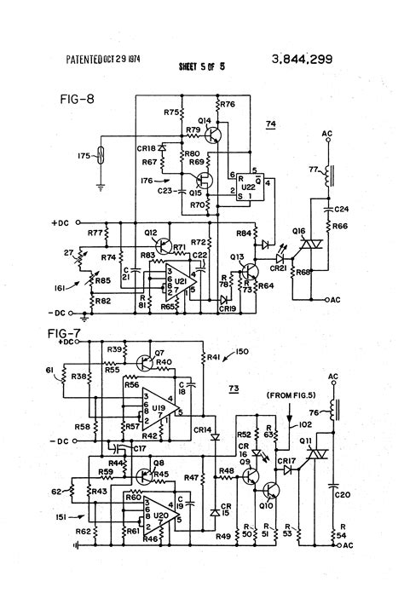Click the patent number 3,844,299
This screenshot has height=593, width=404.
pos(302,59)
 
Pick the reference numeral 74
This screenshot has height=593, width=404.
pos(271,124)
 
